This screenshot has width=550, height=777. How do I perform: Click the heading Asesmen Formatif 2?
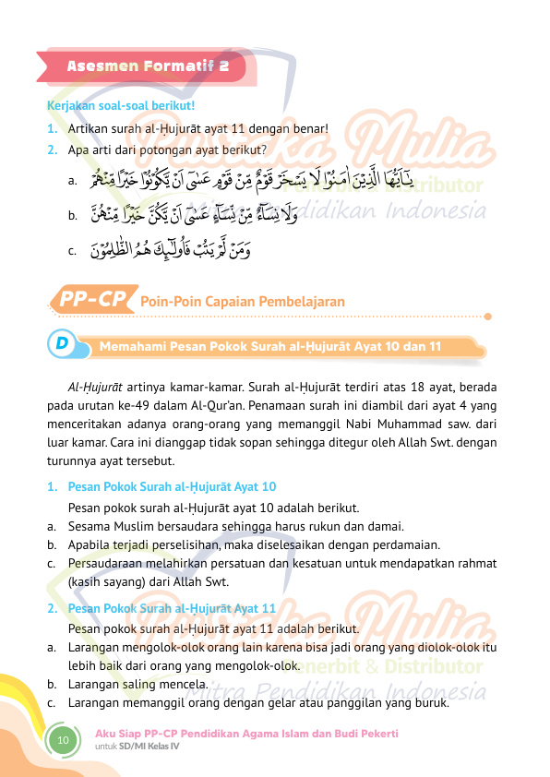[148, 67]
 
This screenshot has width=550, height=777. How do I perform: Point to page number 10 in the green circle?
[63, 739]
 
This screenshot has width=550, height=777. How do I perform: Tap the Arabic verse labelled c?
[172, 249]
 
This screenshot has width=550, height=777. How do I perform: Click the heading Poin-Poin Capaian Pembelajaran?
[242, 301]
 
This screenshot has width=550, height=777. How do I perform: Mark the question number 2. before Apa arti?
[53, 148]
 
